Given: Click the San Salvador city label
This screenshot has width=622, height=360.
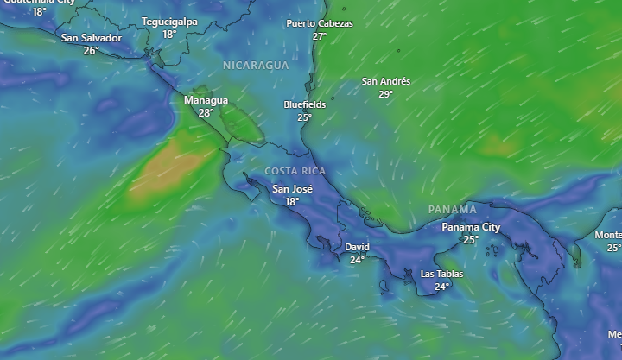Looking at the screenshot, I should tap(91, 38).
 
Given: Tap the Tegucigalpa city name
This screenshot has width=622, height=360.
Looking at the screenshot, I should tap(169, 22).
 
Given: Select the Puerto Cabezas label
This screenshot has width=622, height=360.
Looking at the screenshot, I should tap(320, 24).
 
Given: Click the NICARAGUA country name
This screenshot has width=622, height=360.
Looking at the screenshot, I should tap(255, 66).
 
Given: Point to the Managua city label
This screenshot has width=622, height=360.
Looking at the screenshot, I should tap(206, 100).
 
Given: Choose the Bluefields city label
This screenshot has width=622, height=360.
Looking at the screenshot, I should tap(304, 104).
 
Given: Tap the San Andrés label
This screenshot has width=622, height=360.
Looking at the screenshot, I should tap(385, 82).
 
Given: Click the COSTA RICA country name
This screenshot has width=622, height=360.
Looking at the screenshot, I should tap(295, 171).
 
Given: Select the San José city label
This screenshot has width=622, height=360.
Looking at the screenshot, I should tap(292, 189).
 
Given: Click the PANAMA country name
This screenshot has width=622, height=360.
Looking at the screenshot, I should tap(452, 210).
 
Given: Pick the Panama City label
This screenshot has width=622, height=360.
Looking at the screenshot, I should tap(471, 227).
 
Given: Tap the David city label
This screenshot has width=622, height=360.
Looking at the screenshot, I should tap(357, 247).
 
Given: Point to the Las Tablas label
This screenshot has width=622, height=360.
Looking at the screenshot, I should tap(441, 274).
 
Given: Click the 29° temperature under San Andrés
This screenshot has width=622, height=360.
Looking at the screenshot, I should tap(385, 94).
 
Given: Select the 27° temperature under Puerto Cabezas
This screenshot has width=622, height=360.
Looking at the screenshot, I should tap(320, 36).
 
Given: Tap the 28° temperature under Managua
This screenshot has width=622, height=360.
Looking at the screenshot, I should tap(206, 113).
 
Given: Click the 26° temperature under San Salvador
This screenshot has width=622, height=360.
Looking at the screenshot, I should tap(91, 51).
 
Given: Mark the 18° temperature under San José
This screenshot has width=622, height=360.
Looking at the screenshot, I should tap(292, 202).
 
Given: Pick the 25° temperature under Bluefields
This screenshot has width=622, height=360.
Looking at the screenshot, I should tap(304, 117).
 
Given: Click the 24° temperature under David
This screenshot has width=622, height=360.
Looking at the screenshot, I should tap(357, 259).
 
